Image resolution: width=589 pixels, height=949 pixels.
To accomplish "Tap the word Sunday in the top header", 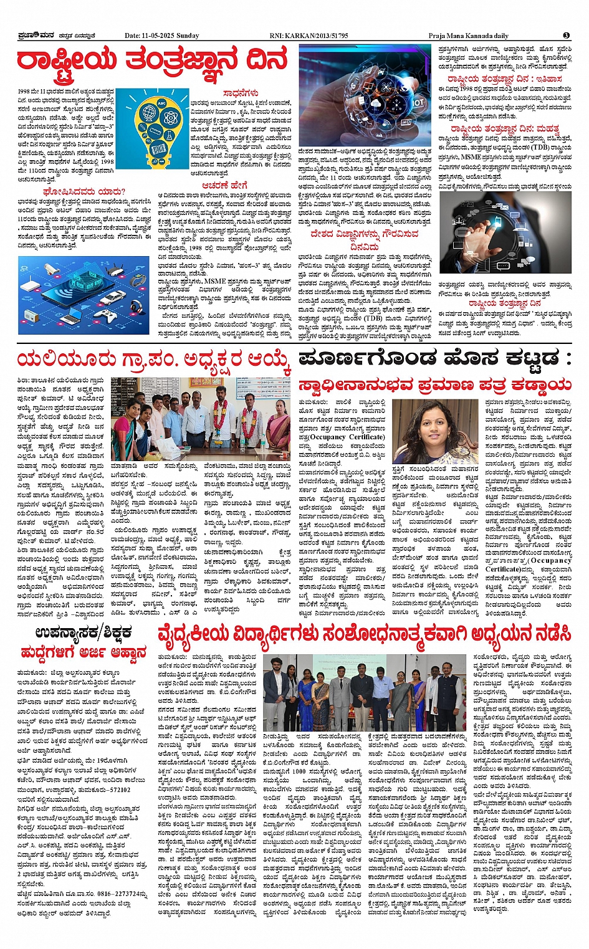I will pyautogui.click(x=188, y=36).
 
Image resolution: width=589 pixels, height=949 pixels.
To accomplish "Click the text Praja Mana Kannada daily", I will pyautogui.click(x=468, y=36).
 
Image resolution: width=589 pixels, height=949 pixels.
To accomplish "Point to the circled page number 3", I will pyautogui.click(x=566, y=36).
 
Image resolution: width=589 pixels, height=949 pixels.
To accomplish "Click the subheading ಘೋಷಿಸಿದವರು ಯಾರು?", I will pyautogui.click(x=84, y=191).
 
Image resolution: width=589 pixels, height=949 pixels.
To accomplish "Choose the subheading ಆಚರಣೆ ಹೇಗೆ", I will pyautogui.click(x=224, y=185).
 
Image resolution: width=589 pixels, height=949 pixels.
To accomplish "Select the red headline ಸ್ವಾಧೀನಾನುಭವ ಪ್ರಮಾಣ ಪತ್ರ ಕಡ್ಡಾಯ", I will pyautogui.click(x=434, y=384).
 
